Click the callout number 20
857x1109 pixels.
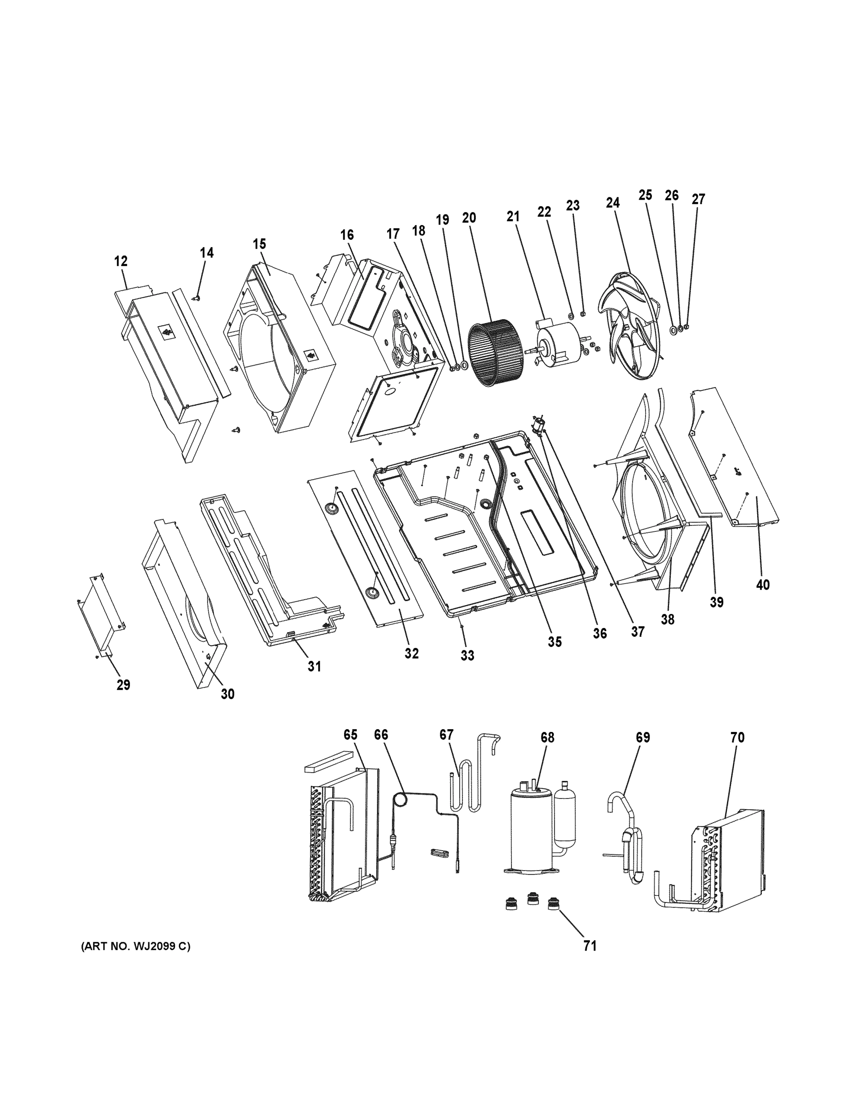[468, 218]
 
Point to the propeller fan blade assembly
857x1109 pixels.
[630, 325]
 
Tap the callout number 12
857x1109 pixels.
[121, 262]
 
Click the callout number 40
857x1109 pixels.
[763, 585]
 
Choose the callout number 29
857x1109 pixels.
[123, 685]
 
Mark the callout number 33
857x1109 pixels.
[467, 656]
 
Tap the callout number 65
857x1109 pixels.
[350, 735]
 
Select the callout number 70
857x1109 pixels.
[737, 737]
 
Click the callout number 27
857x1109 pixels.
[699, 199]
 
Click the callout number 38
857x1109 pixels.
[667, 620]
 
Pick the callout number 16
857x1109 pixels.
[347, 235]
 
